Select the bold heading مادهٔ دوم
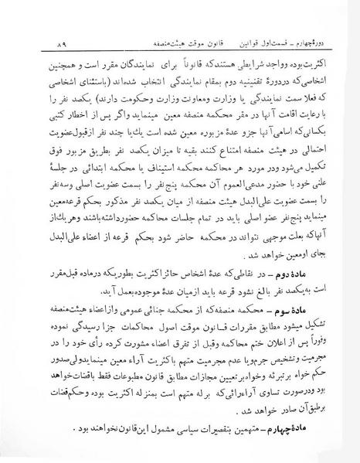pos(311,274)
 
